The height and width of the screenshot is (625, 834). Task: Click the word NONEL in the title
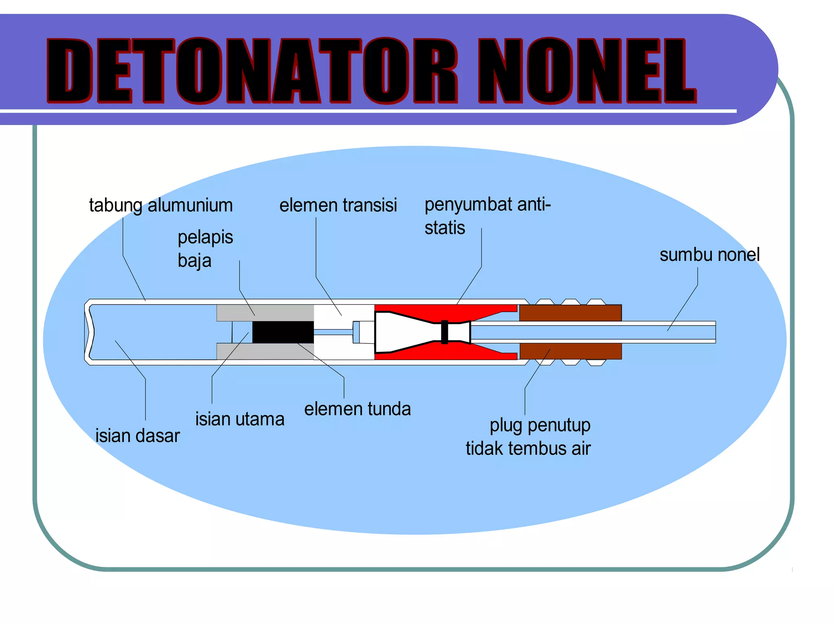click(x=587, y=70)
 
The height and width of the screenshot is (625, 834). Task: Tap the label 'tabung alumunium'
click(x=161, y=205)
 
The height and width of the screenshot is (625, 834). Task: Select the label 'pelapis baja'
click(x=205, y=249)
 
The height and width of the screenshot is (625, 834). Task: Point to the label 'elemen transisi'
click(x=338, y=205)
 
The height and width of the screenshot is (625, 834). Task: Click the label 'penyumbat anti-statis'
click(x=487, y=216)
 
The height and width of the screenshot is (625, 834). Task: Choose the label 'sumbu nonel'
click(x=709, y=255)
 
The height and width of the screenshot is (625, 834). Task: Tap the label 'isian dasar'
click(x=138, y=436)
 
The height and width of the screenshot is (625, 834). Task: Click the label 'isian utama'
click(x=240, y=419)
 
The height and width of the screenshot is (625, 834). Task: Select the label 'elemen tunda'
click(x=358, y=409)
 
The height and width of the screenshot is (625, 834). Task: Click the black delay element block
click(x=283, y=332)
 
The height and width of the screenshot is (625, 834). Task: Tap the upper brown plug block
click(x=570, y=313)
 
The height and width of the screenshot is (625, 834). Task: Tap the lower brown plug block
click(x=571, y=351)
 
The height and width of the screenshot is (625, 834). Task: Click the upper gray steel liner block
click(x=265, y=313)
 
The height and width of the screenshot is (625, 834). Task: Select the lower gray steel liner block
click(x=265, y=352)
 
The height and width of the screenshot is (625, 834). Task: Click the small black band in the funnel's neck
click(x=445, y=332)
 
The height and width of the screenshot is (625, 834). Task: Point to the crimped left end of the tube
click(x=89, y=332)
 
